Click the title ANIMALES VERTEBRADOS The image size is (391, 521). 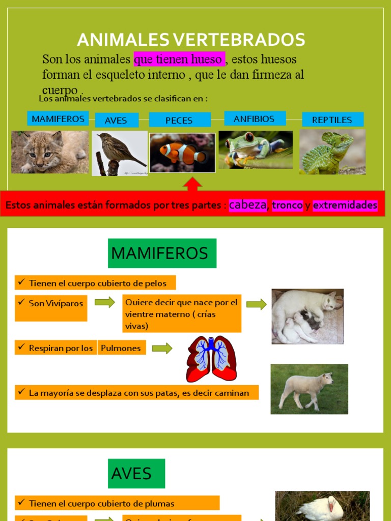point(191,40)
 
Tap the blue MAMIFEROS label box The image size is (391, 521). point(58,119)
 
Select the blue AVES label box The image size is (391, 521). point(117,121)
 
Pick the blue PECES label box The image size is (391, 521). point(179,120)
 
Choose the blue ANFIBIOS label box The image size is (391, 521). point(254,119)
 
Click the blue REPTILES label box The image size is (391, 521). point(332,120)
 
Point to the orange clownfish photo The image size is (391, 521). point(182,153)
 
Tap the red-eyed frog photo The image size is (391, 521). point(256,150)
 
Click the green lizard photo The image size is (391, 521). point(332,152)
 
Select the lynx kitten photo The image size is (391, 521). point(50,152)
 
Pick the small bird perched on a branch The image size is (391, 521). point(120,153)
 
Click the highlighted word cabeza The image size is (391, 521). point(248,205)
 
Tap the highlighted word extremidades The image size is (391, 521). point(345,206)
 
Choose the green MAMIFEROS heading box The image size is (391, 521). point(162,253)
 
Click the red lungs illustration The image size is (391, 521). point(211,359)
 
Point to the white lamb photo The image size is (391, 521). point(309,389)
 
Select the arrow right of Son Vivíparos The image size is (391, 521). point(105,303)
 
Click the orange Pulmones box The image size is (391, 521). point(121,348)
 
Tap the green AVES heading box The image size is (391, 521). point(136,473)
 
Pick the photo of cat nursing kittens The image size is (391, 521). point(308,316)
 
